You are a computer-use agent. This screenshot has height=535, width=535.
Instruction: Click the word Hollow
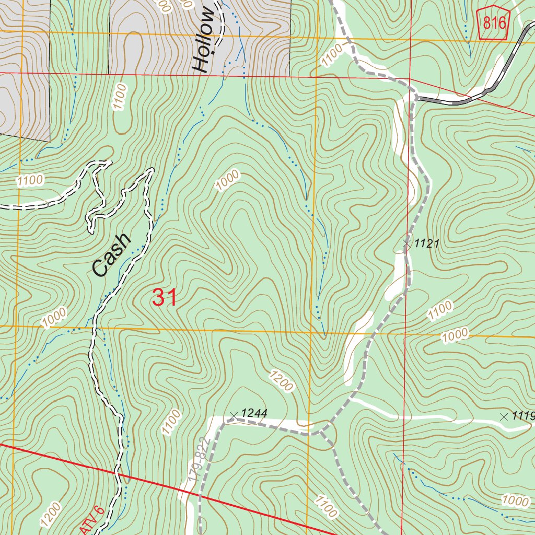(204, 41)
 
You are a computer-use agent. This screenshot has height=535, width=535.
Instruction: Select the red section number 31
(165, 297)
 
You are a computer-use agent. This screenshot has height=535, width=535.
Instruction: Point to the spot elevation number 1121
(426, 243)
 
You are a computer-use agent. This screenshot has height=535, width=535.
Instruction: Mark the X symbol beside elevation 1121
(407, 243)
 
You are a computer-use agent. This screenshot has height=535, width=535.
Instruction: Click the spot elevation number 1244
(254, 413)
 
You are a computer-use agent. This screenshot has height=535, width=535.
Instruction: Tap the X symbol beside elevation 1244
(234, 415)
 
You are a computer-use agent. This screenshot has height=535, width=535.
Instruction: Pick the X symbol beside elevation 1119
(504, 416)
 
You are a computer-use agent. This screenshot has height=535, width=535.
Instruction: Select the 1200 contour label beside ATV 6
(52, 515)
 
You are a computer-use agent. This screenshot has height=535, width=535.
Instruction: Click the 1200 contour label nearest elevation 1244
(282, 381)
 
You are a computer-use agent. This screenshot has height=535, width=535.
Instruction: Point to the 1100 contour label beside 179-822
(171, 422)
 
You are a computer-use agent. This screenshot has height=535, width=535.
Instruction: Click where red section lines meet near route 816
(410, 79)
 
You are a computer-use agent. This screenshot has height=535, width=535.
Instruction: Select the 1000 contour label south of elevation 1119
(515, 501)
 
